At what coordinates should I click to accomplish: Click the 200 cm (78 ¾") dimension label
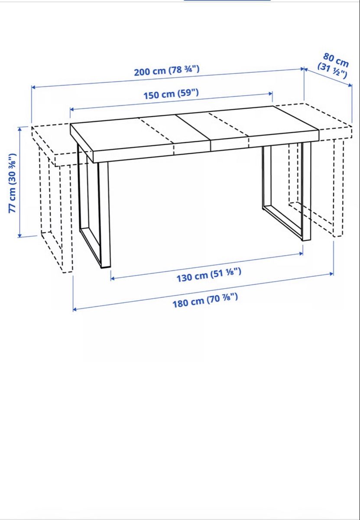click(167, 71)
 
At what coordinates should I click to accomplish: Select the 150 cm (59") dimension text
click(171, 94)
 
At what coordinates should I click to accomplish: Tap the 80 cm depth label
click(336, 60)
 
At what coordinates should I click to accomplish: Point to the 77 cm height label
click(13, 183)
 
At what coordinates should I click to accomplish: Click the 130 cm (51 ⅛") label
click(209, 275)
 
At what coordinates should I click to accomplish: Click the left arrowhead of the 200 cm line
click(33, 87)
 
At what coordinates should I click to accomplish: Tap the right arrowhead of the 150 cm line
click(270, 94)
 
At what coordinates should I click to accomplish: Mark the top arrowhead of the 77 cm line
click(20, 129)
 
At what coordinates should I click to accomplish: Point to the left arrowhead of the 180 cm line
click(75, 309)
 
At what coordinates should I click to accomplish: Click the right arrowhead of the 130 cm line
click(301, 254)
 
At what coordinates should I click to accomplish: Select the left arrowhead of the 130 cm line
click(113, 278)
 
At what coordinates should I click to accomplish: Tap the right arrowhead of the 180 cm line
click(332, 274)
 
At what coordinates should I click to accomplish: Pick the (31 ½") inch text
click(332, 70)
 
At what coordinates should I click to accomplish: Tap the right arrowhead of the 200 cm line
click(302, 69)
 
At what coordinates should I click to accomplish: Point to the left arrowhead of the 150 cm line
click(72, 109)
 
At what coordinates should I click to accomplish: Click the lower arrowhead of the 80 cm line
click(350, 85)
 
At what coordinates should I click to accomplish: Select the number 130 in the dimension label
click(185, 278)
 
